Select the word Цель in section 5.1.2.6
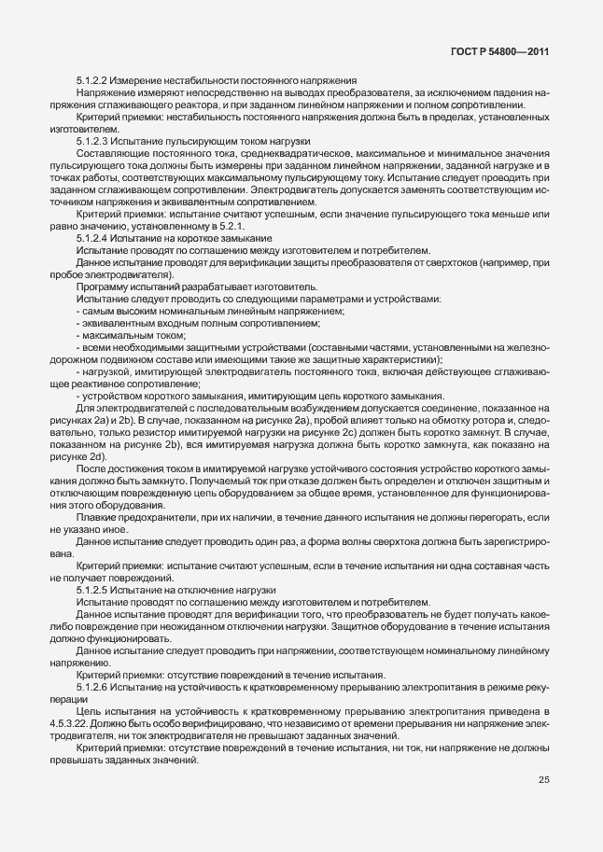(88, 710)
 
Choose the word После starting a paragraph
(91, 469)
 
